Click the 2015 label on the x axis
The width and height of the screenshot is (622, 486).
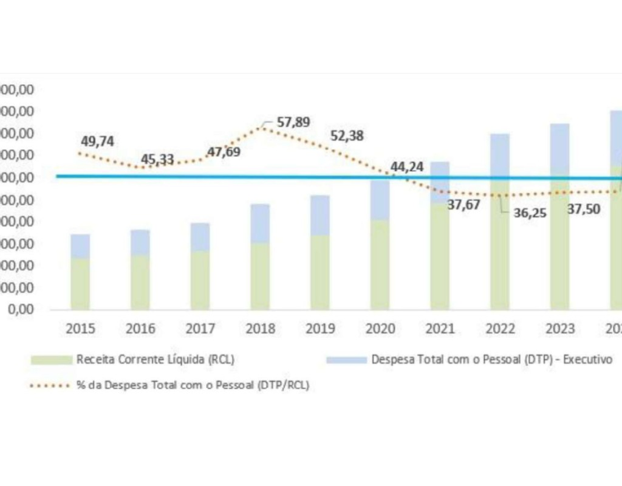pyautogui.click(x=80, y=329)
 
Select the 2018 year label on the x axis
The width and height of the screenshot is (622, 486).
pyautogui.click(x=260, y=329)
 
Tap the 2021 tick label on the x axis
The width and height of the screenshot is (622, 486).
pyautogui.click(x=440, y=329)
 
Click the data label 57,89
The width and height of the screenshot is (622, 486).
pyautogui.click(x=293, y=122)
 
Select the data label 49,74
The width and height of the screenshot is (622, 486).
pyautogui.click(x=97, y=142)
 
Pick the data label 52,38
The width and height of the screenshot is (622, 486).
pyautogui.click(x=347, y=135)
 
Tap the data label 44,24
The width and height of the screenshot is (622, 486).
pyautogui.click(x=406, y=166)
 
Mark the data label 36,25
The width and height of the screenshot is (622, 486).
pyautogui.click(x=526, y=213)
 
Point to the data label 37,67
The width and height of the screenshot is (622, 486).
pyautogui.click(x=463, y=205)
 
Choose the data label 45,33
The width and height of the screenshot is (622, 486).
pyautogui.click(x=157, y=160)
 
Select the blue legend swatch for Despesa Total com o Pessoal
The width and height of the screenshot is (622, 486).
pyautogui.click(x=346, y=360)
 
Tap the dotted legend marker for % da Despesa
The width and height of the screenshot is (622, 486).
pyautogui.click(x=50, y=386)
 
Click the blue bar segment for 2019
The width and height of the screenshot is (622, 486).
pyautogui.click(x=320, y=215)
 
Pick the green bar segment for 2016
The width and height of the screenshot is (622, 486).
pyautogui.click(x=140, y=282)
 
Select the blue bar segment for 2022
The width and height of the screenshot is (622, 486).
pyautogui.click(x=500, y=155)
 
